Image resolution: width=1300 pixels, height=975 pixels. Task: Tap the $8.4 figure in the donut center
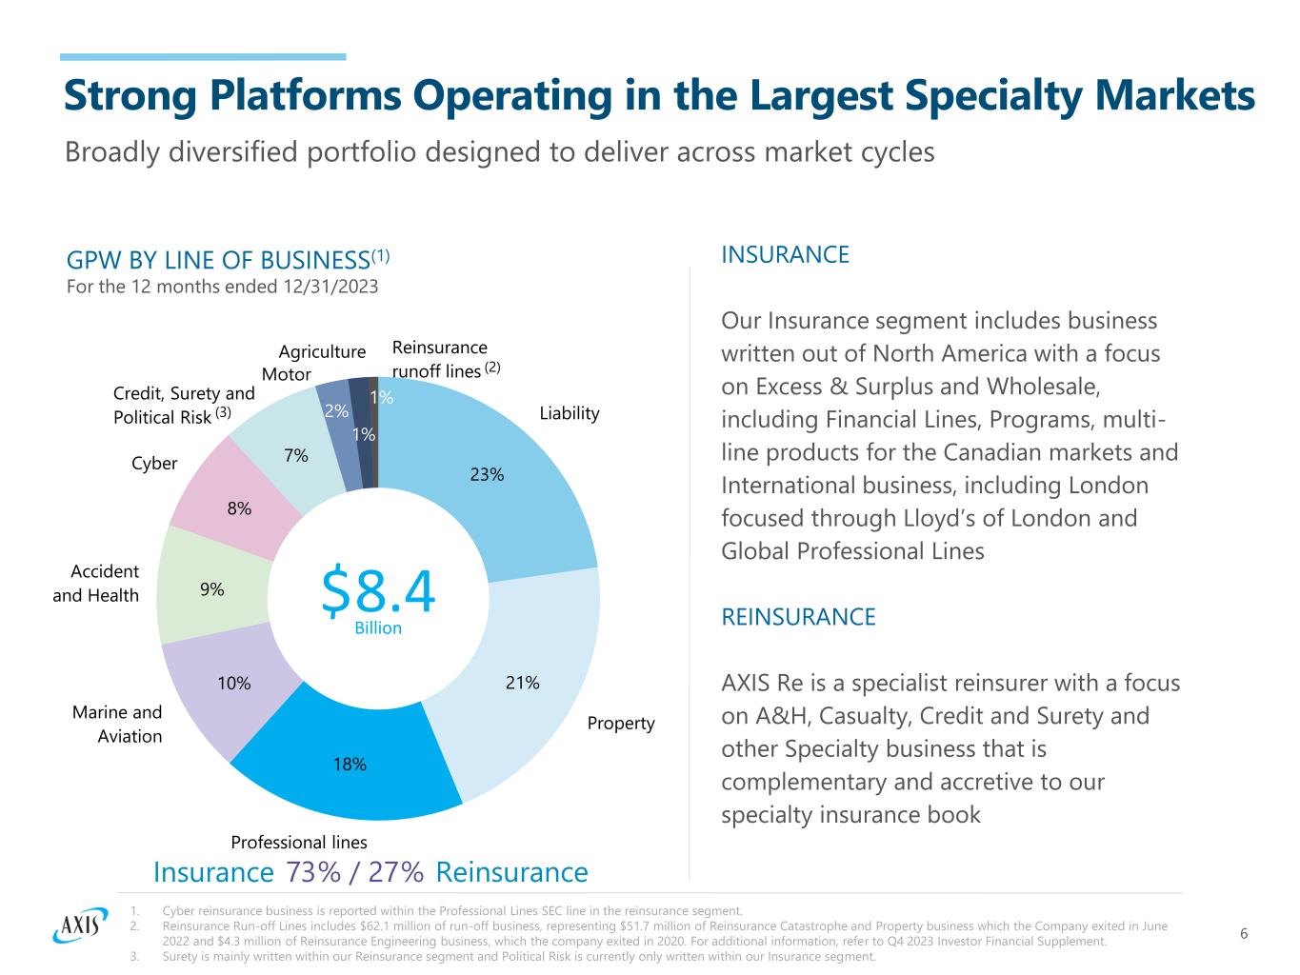(x=378, y=590)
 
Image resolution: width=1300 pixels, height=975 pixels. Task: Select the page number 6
(x=1244, y=933)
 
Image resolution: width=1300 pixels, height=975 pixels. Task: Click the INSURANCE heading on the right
(x=785, y=254)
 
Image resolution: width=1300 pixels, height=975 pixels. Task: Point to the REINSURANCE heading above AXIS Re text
(x=798, y=617)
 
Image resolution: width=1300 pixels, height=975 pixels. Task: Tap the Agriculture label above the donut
(x=322, y=351)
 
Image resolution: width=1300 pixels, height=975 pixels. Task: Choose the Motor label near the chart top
(x=286, y=374)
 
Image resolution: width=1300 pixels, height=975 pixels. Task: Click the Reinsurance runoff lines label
(x=440, y=359)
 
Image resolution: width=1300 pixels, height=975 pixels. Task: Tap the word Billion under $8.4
(x=378, y=627)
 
